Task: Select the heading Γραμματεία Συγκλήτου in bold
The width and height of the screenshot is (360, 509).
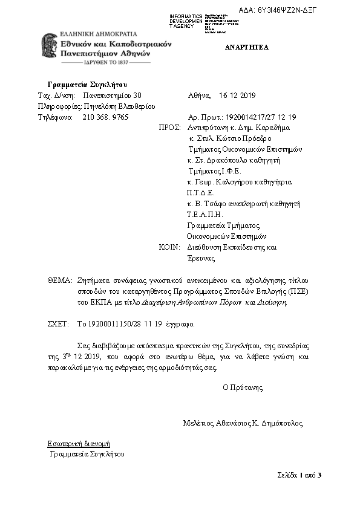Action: tap(87, 84)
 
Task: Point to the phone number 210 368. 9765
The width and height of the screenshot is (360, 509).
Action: tap(105, 117)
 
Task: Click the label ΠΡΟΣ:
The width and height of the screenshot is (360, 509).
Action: tap(170, 128)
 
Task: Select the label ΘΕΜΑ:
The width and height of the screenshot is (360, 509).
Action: tap(60, 281)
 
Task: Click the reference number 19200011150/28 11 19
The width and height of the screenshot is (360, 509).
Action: tap(119, 325)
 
